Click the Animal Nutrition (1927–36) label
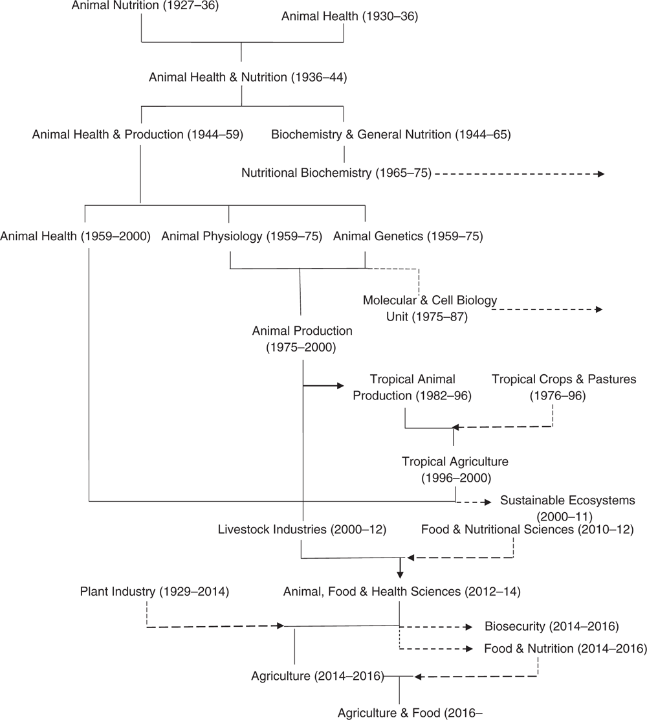point(145,6)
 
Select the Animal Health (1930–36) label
point(349,17)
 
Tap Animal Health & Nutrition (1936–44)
point(248,77)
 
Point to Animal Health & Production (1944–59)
point(138,135)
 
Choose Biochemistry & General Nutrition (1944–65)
point(391,135)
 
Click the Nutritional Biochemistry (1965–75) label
point(336,173)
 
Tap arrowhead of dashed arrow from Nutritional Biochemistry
point(601,174)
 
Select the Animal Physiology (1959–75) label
point(242,236)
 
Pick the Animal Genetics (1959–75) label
point(408,236)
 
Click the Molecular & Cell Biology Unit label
point(430,309)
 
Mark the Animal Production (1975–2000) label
point(302,339)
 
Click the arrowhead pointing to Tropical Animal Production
point(340,386)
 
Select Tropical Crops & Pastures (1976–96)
point(564,388)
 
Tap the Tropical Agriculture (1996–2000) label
point(455,469)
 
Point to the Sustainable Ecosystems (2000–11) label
point(567,508)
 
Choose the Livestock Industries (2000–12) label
point(302,530)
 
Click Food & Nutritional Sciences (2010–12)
point(527,530)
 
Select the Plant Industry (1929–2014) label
point(155,591)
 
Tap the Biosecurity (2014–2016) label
point(551,626)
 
